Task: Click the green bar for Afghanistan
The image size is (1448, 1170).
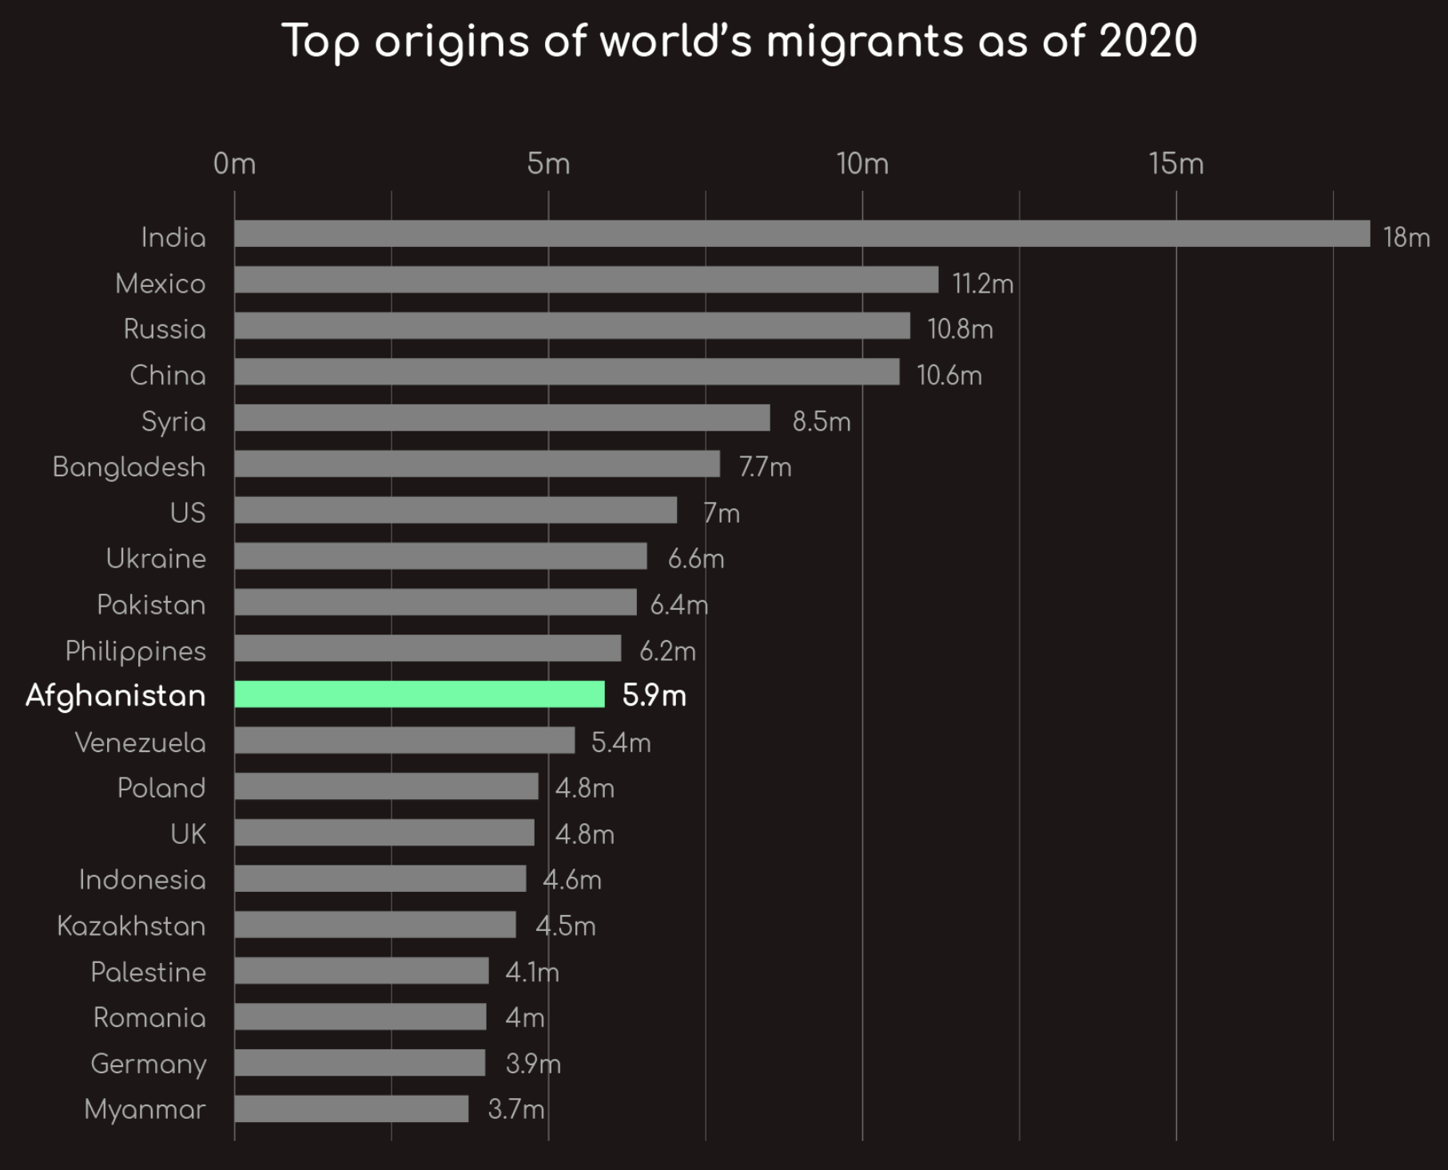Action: click(420, 694)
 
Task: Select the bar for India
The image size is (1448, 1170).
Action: click(802, 233)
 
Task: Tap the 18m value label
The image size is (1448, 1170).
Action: click(1406, 237)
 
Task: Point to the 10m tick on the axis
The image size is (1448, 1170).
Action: click(862, 164)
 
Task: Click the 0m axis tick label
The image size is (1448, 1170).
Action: click(234, 164)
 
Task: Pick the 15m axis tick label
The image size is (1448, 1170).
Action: click(1176, 164)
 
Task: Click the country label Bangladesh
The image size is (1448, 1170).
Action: click(129, 467)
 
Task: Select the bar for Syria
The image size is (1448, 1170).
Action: click(502, 417)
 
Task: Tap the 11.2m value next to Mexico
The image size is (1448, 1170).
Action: click(982, 284)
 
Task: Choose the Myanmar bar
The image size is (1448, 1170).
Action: click(352, 1108)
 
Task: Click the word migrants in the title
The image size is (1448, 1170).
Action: click(865, 42)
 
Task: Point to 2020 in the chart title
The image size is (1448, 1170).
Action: click(1148, 42)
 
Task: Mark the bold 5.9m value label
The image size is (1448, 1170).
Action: click(654, 695)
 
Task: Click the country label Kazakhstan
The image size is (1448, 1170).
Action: click(131, 926)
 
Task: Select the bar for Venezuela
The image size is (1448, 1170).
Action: click(404, 740)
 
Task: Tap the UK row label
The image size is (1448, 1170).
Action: click(188, 834)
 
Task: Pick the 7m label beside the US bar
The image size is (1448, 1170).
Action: click(722, 513)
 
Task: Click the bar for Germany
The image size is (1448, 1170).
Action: click(360, 1062)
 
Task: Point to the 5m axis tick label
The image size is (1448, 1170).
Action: click(548, 164)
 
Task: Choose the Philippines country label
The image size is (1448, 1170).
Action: click(135, 651)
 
